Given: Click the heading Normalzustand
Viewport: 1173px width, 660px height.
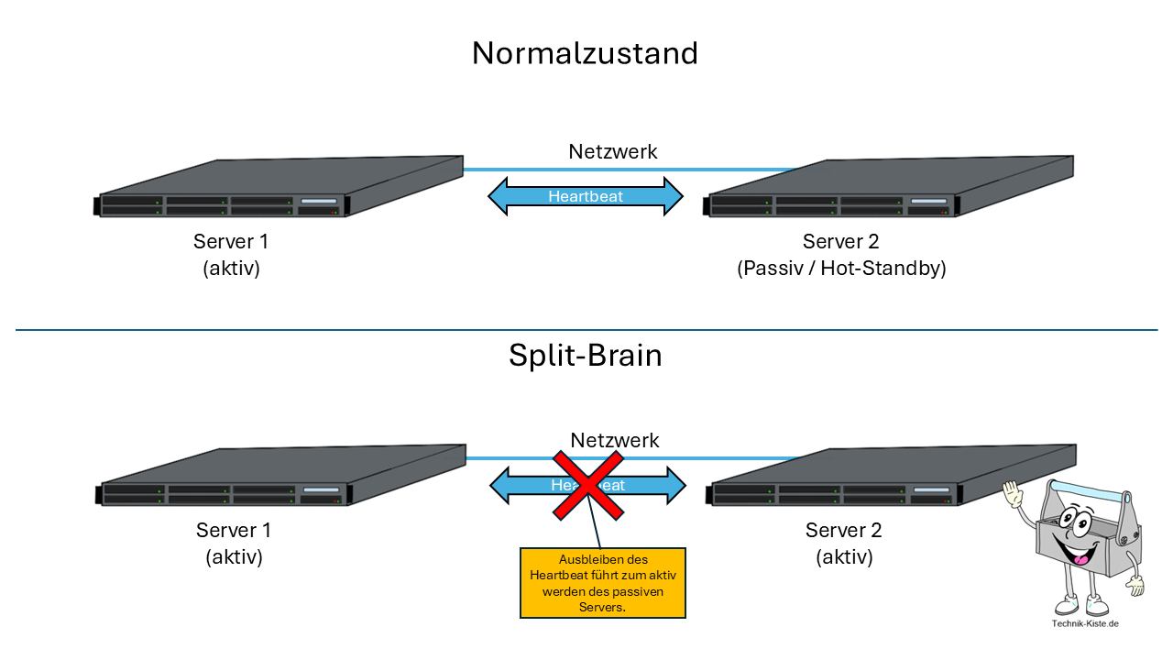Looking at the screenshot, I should click(585, 53).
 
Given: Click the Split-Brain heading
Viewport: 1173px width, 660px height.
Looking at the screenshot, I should click(585, 356).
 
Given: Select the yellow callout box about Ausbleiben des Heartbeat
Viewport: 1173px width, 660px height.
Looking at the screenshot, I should click(602, 584).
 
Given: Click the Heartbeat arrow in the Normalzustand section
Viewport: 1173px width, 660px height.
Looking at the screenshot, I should click(586, 196).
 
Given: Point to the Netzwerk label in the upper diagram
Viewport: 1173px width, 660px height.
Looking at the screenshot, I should click(613, 152).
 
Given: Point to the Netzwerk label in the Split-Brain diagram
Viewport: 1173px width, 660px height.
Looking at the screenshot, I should click(615, 441).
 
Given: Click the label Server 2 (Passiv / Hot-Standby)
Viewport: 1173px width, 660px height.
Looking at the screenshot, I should click(840, 255).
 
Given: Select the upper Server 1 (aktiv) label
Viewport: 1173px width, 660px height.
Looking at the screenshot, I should click(231, 255).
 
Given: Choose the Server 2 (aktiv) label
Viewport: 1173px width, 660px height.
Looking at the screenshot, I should click(843, 544).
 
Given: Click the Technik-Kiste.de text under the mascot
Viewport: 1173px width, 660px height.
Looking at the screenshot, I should click(1085, 624).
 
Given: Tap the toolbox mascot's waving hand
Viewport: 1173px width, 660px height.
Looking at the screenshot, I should click(1013, 495).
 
